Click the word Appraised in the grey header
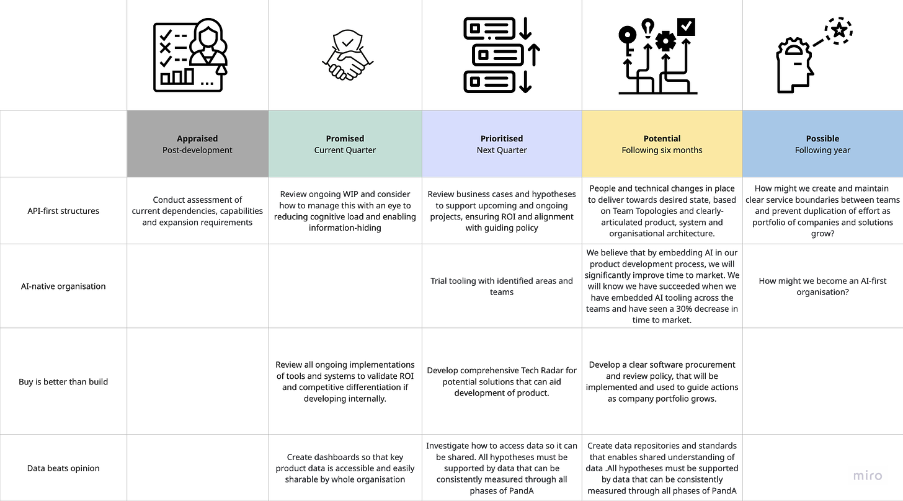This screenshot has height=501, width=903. tap(197, 139)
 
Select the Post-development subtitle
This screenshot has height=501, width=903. tap(197, 150)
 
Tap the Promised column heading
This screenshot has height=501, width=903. tap(345, 139)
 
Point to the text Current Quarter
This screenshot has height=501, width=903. tap(345, 150)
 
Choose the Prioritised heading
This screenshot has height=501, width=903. tap(502, 139)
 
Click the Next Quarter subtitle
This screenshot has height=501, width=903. tap(502, 150)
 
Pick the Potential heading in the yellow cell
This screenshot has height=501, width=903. tap(662, 139)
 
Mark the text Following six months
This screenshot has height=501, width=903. tap(662, 150)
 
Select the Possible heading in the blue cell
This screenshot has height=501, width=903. tap(822, 139)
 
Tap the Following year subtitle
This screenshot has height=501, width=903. tap(822, 150)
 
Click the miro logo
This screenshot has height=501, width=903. tap(867, 476)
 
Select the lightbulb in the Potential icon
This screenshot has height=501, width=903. tap(647, 28)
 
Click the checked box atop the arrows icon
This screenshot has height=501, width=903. tap(687, 27)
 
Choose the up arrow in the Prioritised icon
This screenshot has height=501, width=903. tap(533, 55)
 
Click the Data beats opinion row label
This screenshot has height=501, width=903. tap(64, 469)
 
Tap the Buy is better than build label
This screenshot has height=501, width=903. tap(64, 382)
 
